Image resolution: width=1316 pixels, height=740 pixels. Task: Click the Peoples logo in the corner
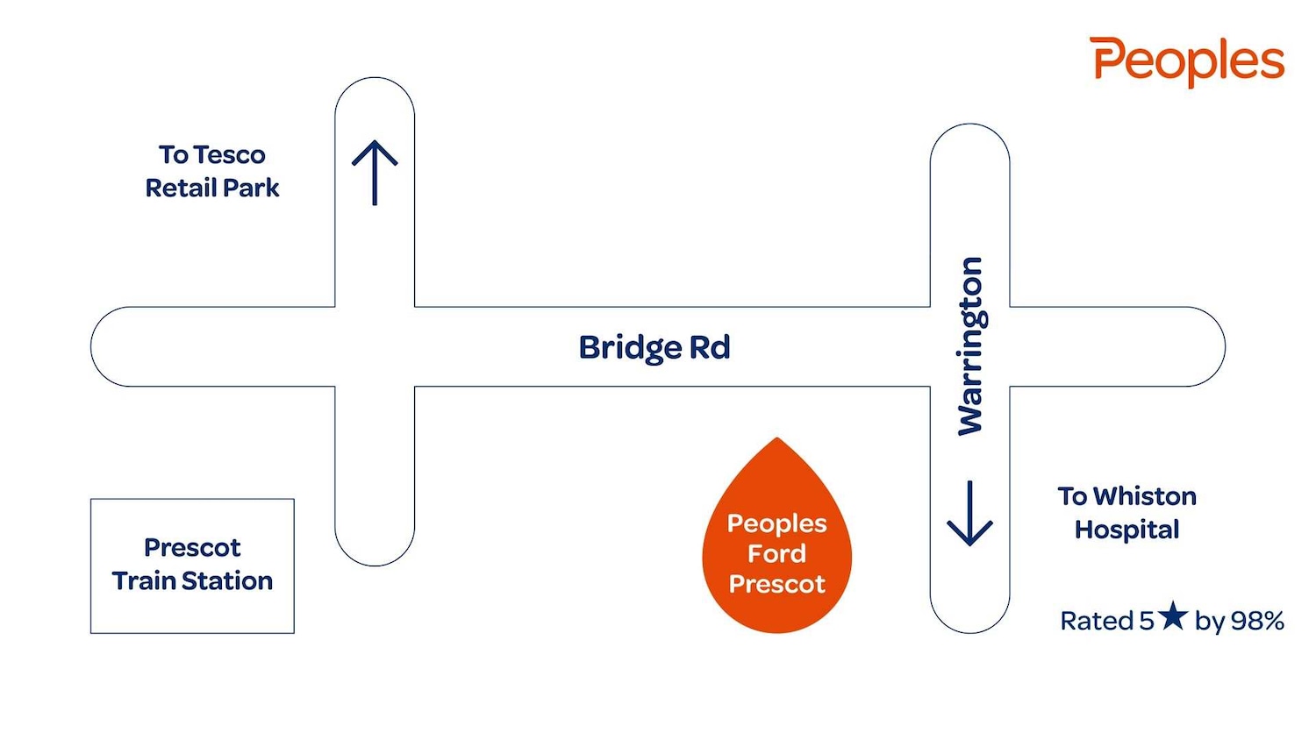1187,60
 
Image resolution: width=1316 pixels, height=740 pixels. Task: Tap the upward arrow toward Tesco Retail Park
375,172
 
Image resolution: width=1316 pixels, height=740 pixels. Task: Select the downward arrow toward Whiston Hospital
969,514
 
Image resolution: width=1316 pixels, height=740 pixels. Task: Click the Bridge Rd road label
654,347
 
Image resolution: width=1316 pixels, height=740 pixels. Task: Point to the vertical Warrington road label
969,345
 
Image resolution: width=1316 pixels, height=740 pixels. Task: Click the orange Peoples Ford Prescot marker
776,544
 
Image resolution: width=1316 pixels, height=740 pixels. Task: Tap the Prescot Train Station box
192,566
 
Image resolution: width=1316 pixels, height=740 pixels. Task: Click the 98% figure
1257,621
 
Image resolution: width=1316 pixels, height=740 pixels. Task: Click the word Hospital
1127,530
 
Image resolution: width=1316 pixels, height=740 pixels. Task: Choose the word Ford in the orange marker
776,553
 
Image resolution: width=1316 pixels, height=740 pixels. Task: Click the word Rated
1097,621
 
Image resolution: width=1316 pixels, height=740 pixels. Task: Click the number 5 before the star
1147,621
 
